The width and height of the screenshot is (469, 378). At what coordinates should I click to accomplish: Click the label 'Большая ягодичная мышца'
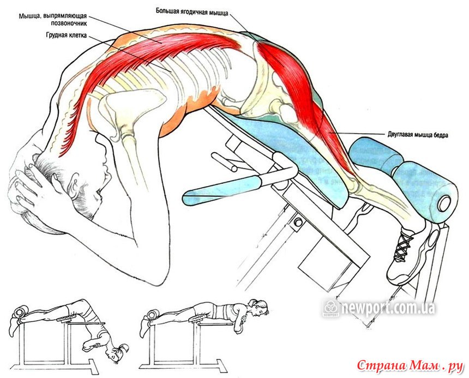click(192, 12)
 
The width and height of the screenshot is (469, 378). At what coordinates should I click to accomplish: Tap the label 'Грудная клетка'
click(67, 35)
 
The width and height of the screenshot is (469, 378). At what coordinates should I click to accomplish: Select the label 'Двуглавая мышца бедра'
click(418, 135)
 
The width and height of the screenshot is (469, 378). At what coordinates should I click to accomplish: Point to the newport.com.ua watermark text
click(388, 308)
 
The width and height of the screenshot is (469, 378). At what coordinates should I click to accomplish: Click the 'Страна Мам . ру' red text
click(410, 365)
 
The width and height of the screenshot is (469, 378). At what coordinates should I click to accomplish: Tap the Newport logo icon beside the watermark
click(331, 308)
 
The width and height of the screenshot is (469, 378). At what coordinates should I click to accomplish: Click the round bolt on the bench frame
click(298, 222)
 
